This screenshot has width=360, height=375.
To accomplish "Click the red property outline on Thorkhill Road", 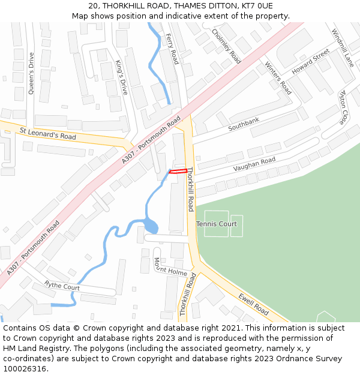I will [178, 172].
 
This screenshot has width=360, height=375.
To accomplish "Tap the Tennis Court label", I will [217, 224].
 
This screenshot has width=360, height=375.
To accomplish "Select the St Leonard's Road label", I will [48, 133].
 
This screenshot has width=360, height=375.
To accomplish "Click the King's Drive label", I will [122, 77].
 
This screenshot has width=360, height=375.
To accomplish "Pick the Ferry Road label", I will [172, 49].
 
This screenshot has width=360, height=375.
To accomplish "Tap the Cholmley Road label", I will [226, 46].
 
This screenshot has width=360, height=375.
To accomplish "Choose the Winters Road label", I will [278, 79].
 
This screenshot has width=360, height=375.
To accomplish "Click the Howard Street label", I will [311, 62].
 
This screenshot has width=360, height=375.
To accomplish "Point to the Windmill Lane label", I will [343, 48].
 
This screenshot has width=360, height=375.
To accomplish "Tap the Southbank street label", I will [244, 125].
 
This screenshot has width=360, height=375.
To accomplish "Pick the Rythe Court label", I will [62, 287].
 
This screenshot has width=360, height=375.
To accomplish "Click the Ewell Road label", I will [253, 304].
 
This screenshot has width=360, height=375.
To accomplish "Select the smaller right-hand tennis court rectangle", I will [236, 226].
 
